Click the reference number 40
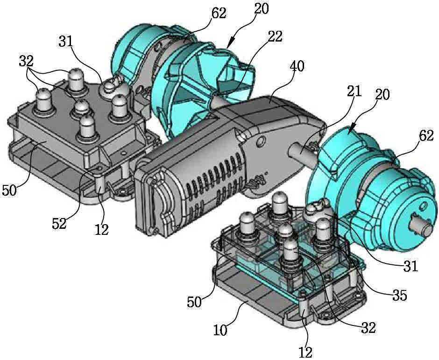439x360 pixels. [297, 67]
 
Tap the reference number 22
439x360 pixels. [275, 36]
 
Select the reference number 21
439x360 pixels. [354, 91]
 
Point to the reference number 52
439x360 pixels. [59, 223]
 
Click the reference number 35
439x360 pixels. [399, 295]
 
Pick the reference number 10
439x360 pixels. [220, 330]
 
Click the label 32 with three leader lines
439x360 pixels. [26, 61]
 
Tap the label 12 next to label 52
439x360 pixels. [101, 230]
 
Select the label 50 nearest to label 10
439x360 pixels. [194, 302]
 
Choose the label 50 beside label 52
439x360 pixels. [9, 191]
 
